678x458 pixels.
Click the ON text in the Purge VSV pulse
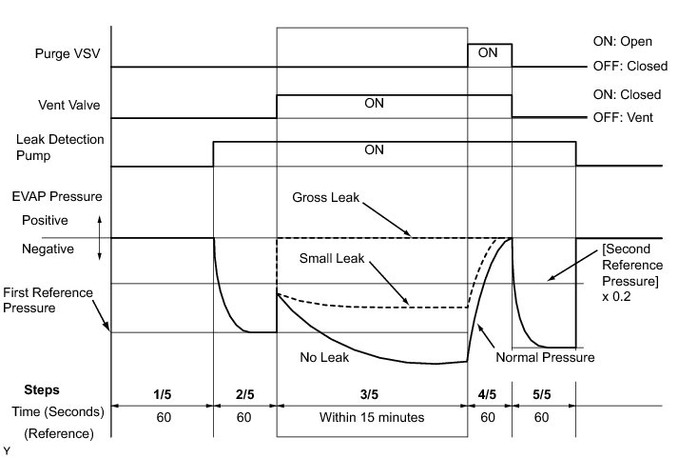(x=488, y=53)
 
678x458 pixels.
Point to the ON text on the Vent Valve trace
(x=374, y=104)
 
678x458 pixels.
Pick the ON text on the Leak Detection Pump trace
(x=374, y=149)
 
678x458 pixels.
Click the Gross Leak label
(x=322, y=199)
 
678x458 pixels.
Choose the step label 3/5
(x=371, y=389)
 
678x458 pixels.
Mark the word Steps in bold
(x=41, y=389)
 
